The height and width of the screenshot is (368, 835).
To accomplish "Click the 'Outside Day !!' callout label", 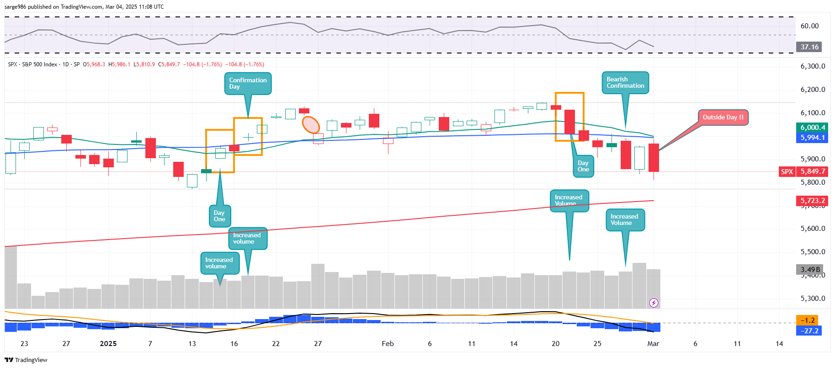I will click(x=723, y=117).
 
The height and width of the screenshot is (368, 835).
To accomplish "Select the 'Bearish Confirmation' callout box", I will click(x=625, y=83).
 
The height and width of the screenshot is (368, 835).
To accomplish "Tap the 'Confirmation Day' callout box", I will click(x=248, y=84).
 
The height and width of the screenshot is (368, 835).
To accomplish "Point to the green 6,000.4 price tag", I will click(x=812, y=128).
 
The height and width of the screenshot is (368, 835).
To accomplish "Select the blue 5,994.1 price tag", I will click(x=812, y=138).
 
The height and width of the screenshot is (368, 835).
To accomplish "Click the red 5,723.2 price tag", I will click(x=812, y=201).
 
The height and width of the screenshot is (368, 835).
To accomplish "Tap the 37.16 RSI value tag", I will click(x=809, y=47).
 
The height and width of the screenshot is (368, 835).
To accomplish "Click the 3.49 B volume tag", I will click(x=810, y=270).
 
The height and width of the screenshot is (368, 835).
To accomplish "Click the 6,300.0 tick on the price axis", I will click(x=813, y=66).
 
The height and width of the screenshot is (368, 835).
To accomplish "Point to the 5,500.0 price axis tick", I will click(x=813, y=252).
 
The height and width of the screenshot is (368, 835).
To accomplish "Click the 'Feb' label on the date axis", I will click(x=388, y=344).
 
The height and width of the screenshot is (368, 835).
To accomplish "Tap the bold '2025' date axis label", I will click(x=108, y=344).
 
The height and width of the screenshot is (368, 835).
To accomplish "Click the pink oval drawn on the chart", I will click(x=311, y=125).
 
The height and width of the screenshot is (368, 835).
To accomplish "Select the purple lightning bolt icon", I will click(x=654, y=303).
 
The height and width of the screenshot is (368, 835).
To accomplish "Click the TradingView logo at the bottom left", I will click(x=26, y=360).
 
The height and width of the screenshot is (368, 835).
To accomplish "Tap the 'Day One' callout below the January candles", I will click(x=219, y=216).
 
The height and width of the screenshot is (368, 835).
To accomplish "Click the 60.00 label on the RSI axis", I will click(x=809, y=26).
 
